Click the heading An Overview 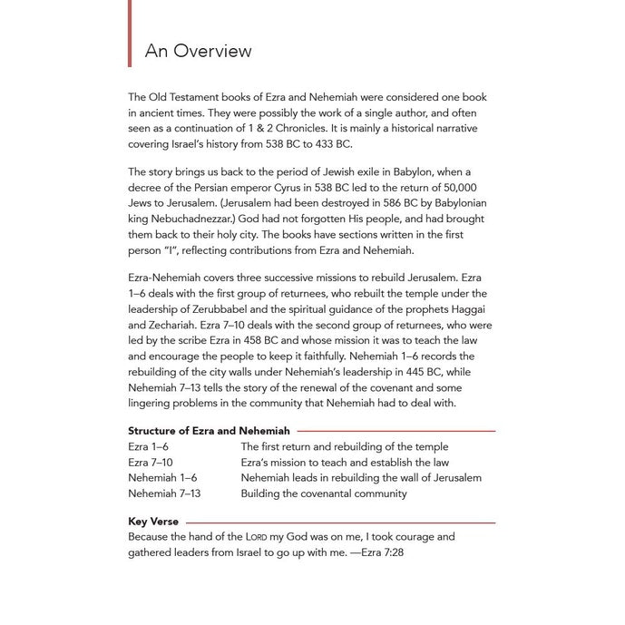(x=198, y=51)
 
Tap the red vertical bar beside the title (x=131, y=34)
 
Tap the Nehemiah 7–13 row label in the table (x=164, y=493)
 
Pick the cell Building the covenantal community (x=324, y=493)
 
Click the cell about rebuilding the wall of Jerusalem (x=361, y=478)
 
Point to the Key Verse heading (x=153, y=522)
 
